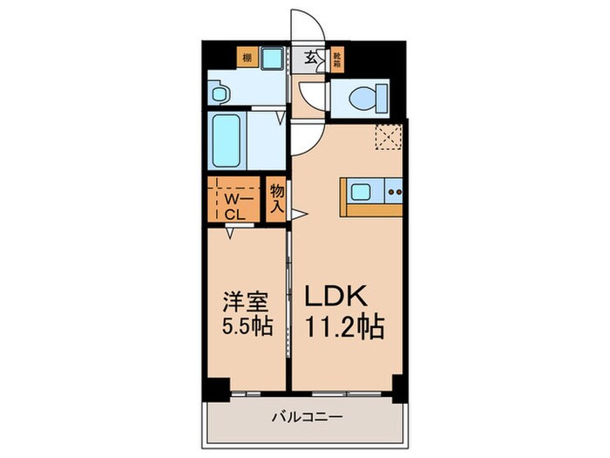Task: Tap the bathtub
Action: pyautogui.click(x=227, y=140)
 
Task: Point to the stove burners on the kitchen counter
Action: pyautogui.click(x=392, y=190)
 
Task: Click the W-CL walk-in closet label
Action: pyautogui.click(x=235, y=204)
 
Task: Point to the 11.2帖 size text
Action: pyautogui.click(x=342, y=330)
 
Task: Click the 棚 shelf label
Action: pyautogui.click(x=247, y=59)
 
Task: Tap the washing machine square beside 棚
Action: pyautogui.click(x=272, y=59)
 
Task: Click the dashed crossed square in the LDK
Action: pyautogui.click(x=387, y=136)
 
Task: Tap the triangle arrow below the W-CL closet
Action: pyautogui.click(x=231, y=232)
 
